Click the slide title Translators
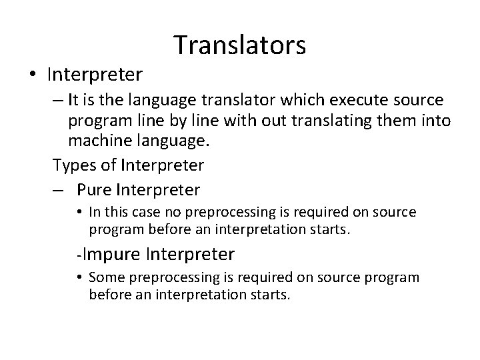click(240, 45)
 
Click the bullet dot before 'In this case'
click(79, 213)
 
